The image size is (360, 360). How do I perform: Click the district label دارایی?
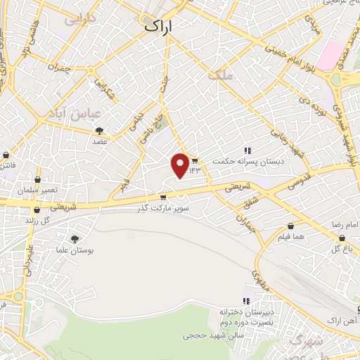click(x=78, y=21)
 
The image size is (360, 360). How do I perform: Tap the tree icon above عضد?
click(x=99, y=130)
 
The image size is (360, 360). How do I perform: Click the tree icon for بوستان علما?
click(x=74, y=239)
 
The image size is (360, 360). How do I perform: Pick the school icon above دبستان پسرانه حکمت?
click(x=247, y=150)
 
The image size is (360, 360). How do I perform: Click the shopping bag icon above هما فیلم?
click(x=290, y=226)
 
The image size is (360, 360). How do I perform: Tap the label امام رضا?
click(x=347, y=224)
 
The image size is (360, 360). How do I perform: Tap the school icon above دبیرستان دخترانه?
click(x=247, y=301)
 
